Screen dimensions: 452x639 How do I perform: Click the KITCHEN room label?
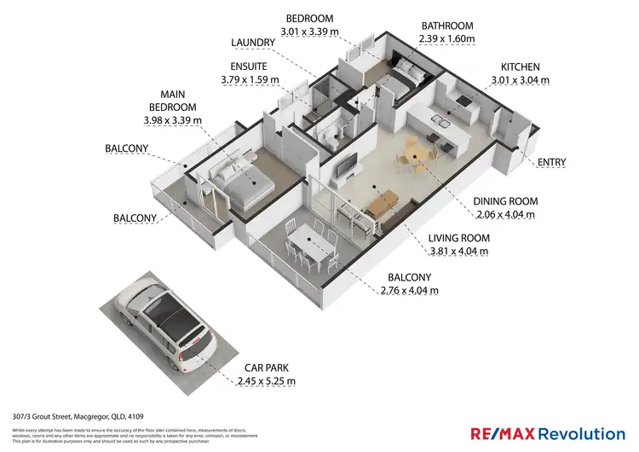[x=520, y=67]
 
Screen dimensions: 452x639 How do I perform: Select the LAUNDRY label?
[x=253, y=42]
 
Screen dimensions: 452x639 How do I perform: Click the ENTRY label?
[x=551, y=162]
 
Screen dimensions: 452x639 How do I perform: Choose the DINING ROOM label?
[x=504, y=201]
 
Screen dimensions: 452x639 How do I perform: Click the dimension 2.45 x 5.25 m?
[x=264, y=380]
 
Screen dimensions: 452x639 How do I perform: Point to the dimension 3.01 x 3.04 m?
[x=520, y=80]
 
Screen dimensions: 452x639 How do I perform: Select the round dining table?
[x=415, y=156]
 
